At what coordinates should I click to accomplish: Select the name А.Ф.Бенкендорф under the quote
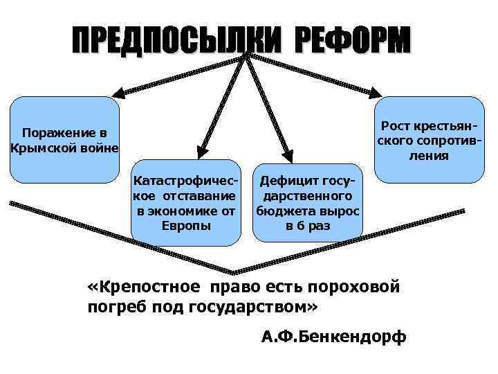point(334,337)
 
